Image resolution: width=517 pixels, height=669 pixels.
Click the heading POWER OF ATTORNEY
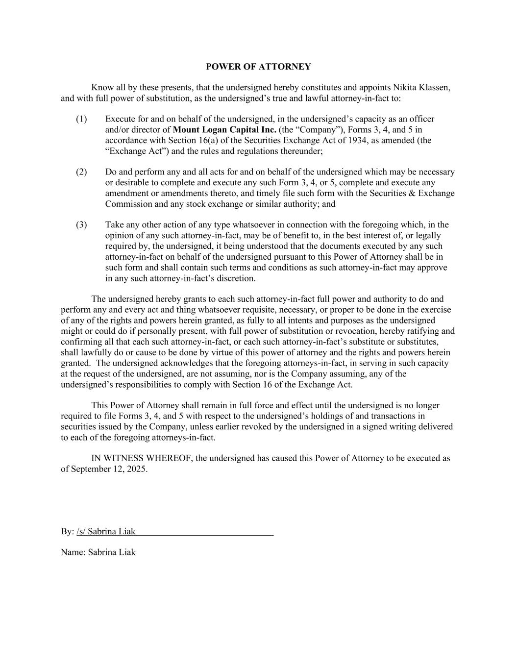[258, 67]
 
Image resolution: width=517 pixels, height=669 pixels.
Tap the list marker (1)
[81, 119]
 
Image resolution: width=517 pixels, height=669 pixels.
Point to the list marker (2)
[81, 172]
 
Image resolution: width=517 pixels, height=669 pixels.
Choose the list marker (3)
[81, 225]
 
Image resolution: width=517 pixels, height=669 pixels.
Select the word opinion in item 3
[120, 236]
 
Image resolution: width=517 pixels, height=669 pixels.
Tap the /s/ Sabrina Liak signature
[106, 532]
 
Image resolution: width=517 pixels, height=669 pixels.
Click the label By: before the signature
[67, 532]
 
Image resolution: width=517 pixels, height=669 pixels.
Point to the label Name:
[73, 552]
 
